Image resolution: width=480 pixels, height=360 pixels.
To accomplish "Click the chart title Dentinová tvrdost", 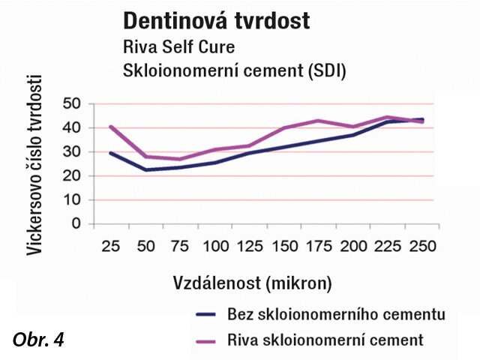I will click(x=216, y=20).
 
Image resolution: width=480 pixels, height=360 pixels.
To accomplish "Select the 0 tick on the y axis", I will click(x=76, y=223).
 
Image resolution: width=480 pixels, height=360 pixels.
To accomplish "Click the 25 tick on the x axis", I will click(x=111, y=246).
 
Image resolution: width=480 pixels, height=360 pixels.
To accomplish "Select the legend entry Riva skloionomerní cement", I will click(x=324, y=340).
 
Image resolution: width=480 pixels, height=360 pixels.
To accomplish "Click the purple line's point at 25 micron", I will click(x=111, y=127).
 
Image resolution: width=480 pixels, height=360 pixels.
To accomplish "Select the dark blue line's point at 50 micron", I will click(x=146, y=169).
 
